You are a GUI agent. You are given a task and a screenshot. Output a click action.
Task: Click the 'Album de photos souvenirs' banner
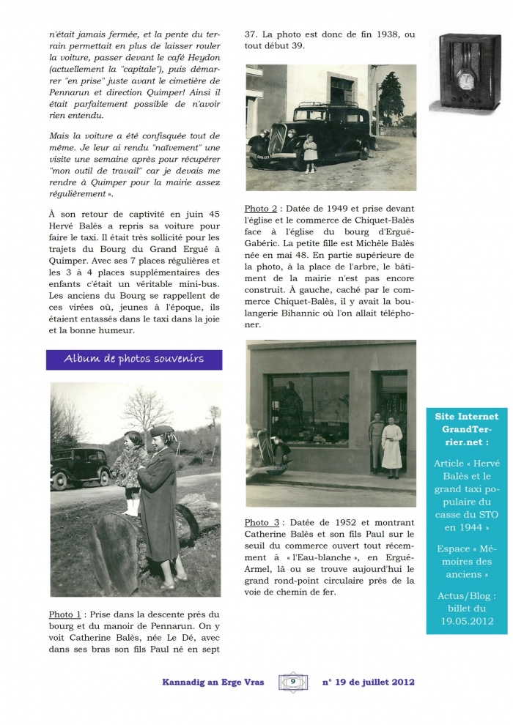tap(133, 359)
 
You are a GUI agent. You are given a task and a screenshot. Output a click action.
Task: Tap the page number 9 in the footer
tap(292, 682)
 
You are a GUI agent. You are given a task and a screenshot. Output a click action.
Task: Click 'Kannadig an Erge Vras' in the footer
tap(216, 682)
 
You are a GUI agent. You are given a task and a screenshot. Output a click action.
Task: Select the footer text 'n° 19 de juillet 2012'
tap(369, 682)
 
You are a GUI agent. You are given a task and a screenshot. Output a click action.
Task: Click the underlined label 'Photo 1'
tap(66, 614)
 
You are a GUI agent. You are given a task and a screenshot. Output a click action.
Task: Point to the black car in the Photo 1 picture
tap(80, 466)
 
